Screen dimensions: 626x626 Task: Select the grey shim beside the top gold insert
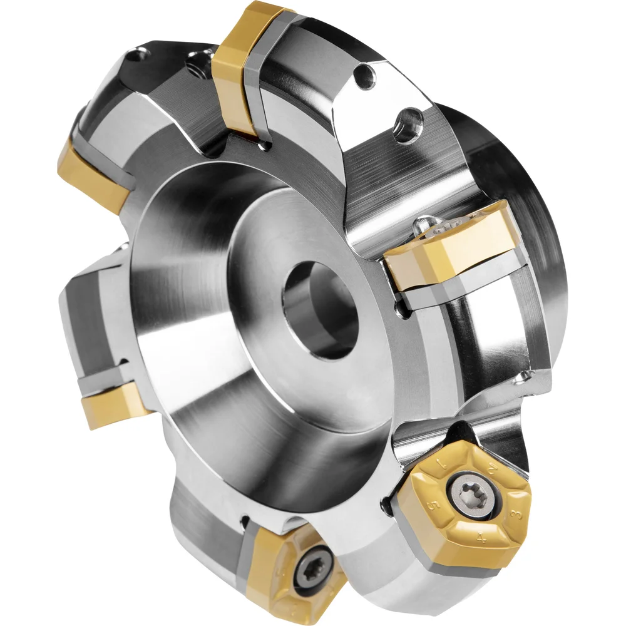click(259, 100)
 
